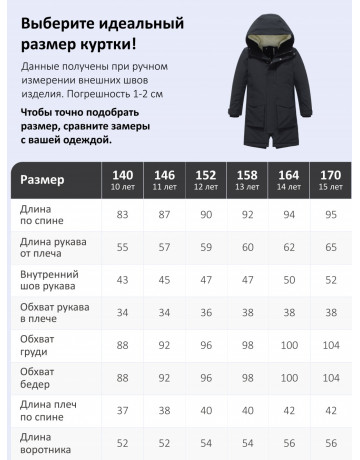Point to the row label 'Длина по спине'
[40, 215]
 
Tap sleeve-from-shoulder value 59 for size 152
[204, 247]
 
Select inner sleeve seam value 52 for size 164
[290, 279]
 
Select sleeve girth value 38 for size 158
[247, 312]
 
